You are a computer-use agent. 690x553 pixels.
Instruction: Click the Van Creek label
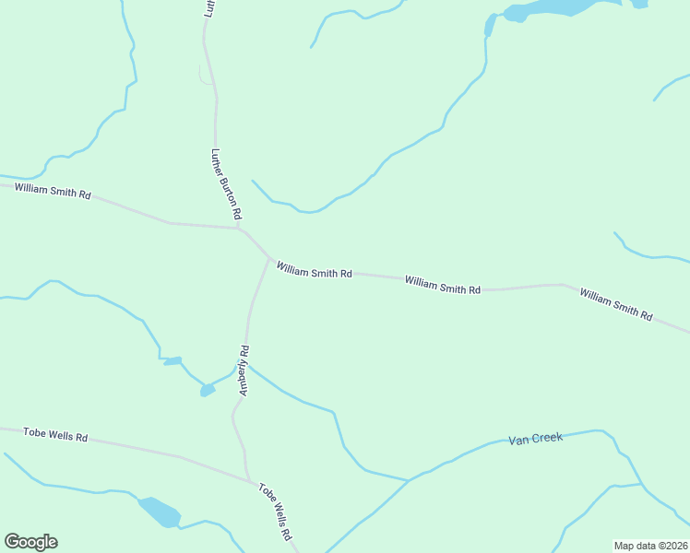click(535, 439)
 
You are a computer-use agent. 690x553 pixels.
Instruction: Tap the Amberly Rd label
click(244, 371)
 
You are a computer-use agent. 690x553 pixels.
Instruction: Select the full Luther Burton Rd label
click(226, 184)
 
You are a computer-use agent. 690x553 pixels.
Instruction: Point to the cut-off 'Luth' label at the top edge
click(209, 8)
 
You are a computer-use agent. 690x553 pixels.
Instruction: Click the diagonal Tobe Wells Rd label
click(275, 512)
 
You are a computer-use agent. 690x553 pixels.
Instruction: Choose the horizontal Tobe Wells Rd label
click(55, 433)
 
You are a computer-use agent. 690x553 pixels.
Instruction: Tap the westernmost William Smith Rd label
click(53, 192)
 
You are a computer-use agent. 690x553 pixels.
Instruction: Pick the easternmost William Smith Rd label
click(615, 304)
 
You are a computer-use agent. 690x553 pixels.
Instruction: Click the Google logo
click(30, 542)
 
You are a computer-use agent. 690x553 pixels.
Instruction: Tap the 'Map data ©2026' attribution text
click(650, 546)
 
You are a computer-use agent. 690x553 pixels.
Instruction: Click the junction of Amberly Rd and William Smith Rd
click(269, 259)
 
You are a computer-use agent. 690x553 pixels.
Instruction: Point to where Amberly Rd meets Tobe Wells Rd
click(249, 479)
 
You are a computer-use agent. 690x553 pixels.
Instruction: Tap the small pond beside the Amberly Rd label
click(208, 391)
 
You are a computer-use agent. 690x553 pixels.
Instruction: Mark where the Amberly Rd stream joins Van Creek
click(409, 480)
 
